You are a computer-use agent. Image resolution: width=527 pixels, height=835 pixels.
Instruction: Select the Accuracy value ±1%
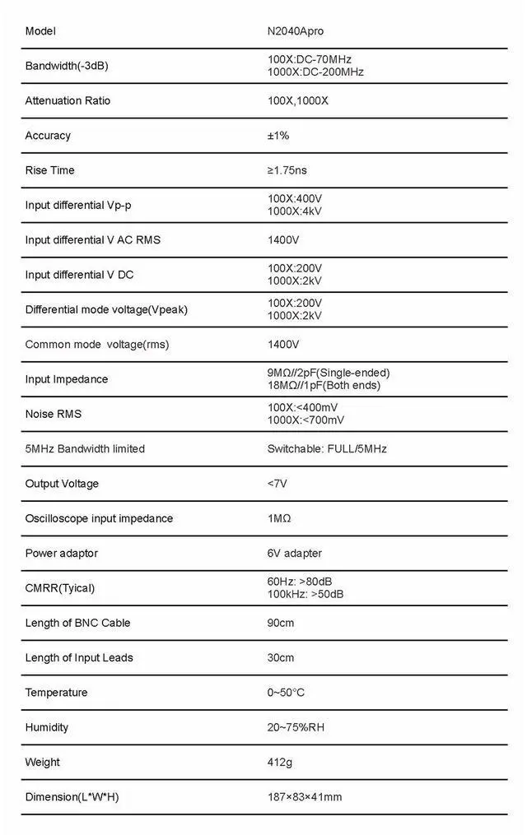point(278,136)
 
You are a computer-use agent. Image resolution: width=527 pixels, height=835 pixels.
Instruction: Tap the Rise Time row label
point(49,170)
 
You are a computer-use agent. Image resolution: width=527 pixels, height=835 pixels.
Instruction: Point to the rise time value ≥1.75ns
point(287,170)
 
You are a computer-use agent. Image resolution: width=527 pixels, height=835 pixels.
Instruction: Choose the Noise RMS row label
point(54,414)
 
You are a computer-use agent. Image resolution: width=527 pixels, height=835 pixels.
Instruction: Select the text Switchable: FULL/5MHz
point(327,449)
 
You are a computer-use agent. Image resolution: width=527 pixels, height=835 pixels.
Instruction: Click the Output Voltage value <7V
point(277,484)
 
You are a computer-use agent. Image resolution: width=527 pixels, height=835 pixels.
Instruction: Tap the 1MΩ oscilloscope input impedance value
point(279,518)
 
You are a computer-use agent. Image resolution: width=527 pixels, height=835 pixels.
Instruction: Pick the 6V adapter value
point(295,553)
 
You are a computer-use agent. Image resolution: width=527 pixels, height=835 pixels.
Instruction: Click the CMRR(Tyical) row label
point(60,588)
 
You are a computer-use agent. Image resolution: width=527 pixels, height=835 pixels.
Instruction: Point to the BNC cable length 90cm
point(281,623)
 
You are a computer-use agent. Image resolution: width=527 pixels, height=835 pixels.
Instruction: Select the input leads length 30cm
point(281,657)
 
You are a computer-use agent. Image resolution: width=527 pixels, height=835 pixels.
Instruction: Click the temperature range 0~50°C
point(286,693)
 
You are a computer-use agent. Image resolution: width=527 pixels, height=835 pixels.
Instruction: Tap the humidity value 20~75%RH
point(296,727)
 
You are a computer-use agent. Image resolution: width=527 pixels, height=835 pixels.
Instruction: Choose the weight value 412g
point(280,762)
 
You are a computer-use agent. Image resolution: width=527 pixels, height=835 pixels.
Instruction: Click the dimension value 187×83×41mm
point(305,797)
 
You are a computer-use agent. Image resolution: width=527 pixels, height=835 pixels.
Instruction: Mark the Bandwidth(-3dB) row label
point(67,66)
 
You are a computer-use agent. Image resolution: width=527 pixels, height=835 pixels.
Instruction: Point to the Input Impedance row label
point(67,379)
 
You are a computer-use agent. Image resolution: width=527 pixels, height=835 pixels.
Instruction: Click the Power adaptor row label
point(61,553)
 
